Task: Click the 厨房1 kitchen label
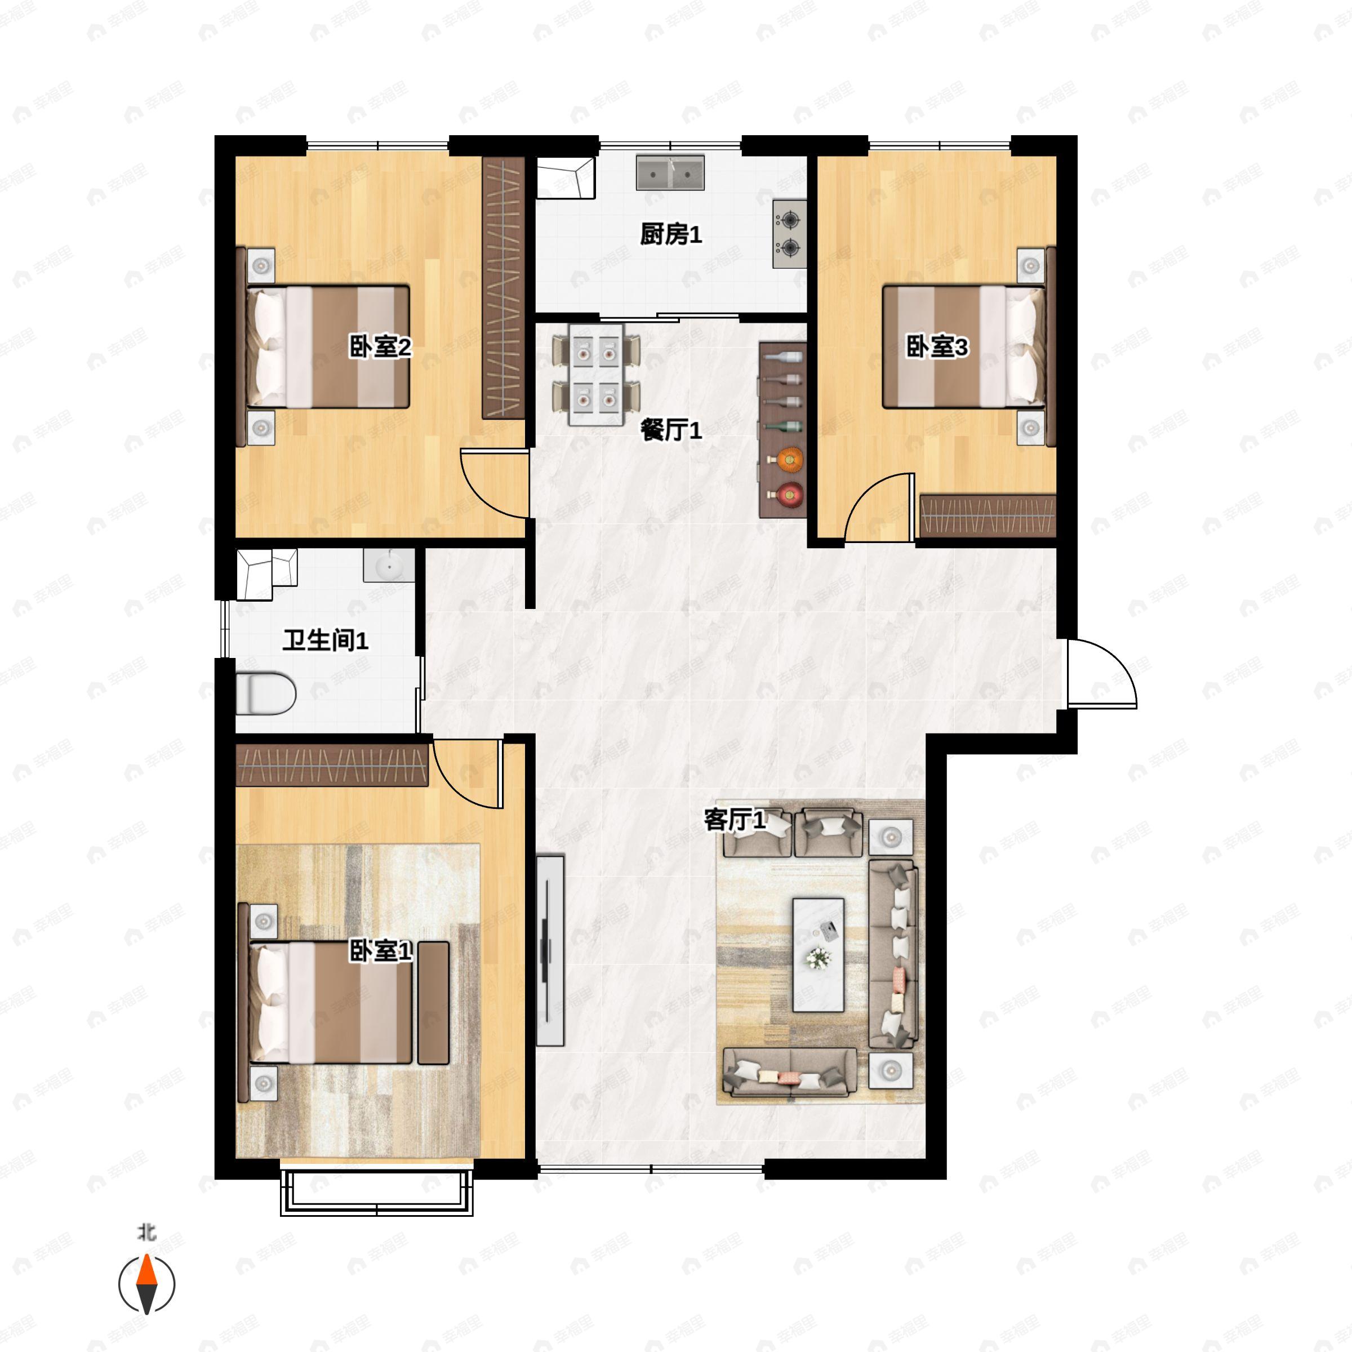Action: click(x=670, y=234)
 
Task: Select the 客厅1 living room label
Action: click(x=734, y=820)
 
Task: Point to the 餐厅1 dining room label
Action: click(x=670, y=430)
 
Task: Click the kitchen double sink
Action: click(x=670, y=172)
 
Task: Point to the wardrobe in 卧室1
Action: click(x=332, y=765)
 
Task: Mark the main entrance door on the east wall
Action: click(x=1098, y=673)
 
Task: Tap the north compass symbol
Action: click(x=146, y=1285)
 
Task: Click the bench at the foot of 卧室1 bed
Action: click(x=433, y=1003)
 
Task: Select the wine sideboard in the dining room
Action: click(x=782, y=430)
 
